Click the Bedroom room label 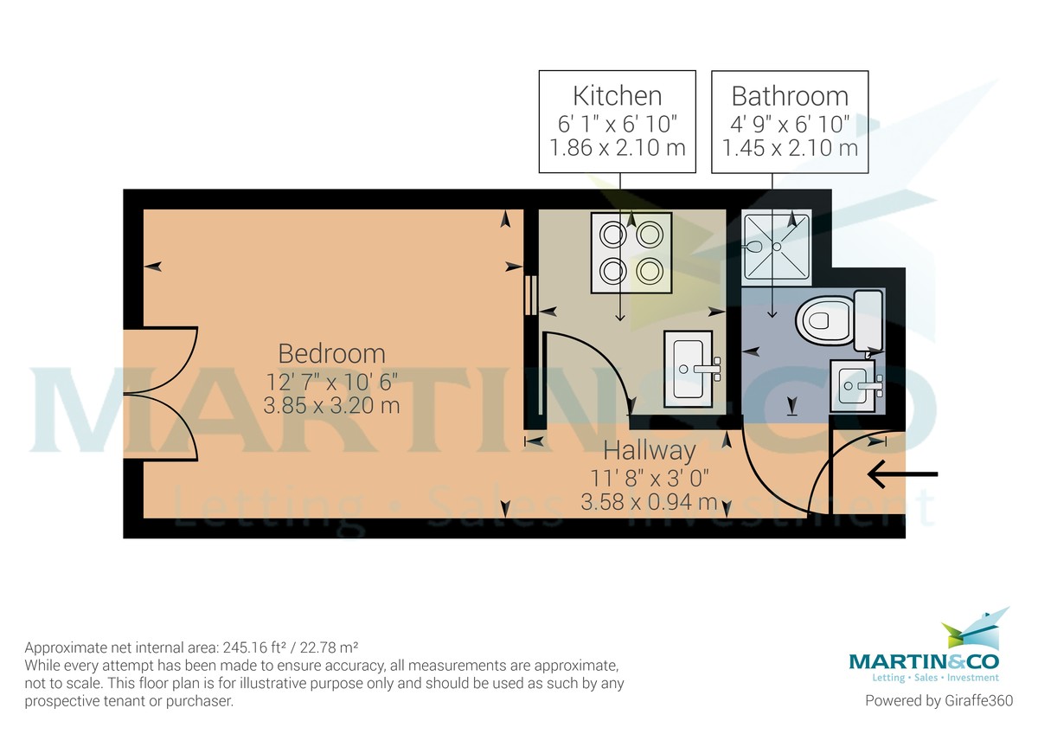point(332,354)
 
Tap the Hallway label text point(650,450)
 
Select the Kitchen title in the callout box point(618,96)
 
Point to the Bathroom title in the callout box point(790,96)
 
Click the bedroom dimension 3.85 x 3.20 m point(331,406)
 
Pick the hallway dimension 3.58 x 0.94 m point(649,502)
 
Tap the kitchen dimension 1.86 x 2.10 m point(618,148)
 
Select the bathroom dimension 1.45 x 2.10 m point(790,148)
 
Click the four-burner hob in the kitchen point(631,253)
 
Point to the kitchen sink point(691,369)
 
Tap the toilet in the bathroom point(839,320)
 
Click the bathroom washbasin point(855,386)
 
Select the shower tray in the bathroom point(776,248)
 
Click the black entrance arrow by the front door point(902,473)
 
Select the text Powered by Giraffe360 point(939,700)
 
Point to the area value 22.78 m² point(335,647)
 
